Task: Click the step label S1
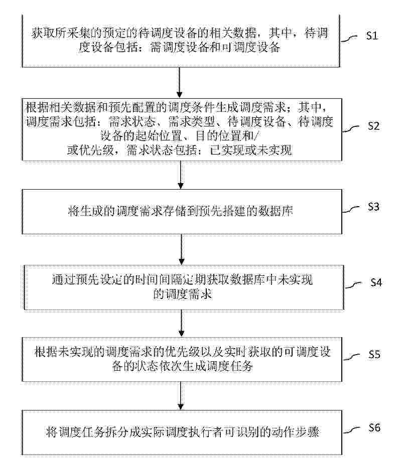[x=372, y=36]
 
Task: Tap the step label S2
[x=374, y=126]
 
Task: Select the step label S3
[x=374, y=207]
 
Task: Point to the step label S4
[x=376, y=283]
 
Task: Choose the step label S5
[x=374, y=355]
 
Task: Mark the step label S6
[x=374, y=427]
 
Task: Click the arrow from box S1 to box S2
[x=179, y=83]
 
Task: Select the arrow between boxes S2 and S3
[x=181, y=175]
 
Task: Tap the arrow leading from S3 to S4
[x=182, y=249]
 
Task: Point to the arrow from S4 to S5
[x=182, y=324]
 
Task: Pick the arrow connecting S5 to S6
[x=181, y=395]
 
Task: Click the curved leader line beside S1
[x=349, y=39]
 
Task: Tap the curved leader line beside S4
[x=353, y=285]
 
